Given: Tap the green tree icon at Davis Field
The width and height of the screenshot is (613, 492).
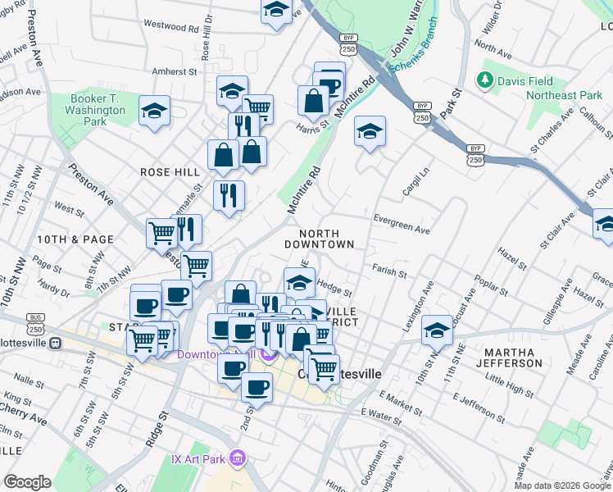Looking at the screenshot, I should coord(484,80).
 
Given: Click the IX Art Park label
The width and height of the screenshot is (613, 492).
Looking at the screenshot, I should coord(198,457).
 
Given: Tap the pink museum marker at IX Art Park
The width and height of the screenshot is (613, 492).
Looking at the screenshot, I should coord(238,457).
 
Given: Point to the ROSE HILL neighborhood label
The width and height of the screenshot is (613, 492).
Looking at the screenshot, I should coord(170,172).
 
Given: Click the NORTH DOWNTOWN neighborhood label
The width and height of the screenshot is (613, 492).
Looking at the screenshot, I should coord(320,239).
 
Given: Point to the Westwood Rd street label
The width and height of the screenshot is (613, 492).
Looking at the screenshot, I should coord(170,26).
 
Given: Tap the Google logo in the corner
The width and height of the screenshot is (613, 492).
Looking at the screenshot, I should coord(27,482).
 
